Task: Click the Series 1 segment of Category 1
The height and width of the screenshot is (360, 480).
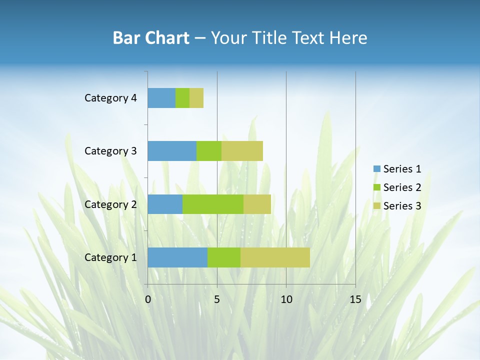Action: coord(177,257)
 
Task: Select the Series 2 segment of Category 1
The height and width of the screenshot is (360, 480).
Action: coord(224,257)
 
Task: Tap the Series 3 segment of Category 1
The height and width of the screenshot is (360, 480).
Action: coord(275,257)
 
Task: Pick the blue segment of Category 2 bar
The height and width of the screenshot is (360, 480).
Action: coord(165,204)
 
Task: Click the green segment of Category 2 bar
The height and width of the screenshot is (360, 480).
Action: coord(213,204)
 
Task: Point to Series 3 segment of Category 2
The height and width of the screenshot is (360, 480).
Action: coord(257,204)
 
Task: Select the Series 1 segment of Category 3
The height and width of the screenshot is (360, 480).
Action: coord(172,151)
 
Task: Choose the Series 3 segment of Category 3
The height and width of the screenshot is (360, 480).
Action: coord(242,151)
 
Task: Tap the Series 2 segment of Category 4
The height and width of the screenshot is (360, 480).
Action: coord(182,98)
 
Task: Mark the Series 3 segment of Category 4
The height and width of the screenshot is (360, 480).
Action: coord(196,98)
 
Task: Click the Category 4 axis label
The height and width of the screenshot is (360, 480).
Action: coord(110,98)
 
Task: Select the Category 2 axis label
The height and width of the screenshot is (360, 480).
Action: coord(110,204)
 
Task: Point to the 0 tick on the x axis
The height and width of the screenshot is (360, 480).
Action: coord(148,299)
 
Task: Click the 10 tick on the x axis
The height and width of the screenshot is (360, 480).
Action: coord(286,299)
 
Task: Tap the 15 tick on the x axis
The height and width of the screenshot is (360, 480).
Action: coord(355,299)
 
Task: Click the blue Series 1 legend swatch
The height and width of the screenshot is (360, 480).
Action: coord(376,169)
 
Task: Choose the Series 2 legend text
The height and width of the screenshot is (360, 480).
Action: coord(402,187)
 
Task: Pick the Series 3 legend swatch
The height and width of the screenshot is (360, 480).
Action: coord(376,206)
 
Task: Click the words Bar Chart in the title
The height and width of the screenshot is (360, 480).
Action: coord(151,38)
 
